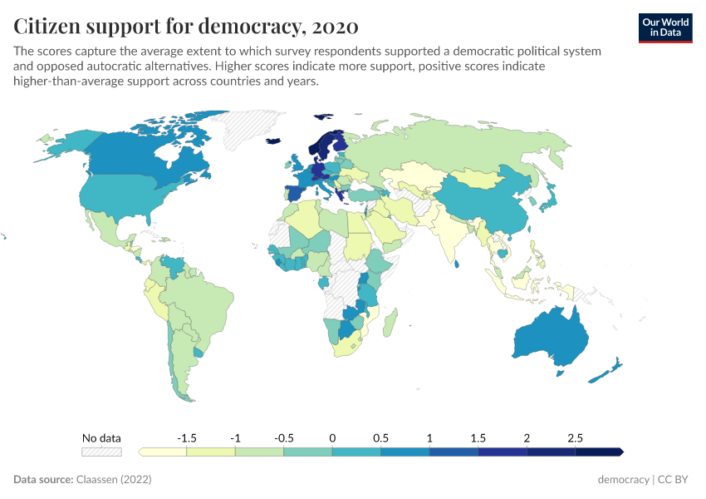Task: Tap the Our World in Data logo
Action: (x=665, y=27)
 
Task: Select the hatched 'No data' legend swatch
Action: (x=101, y=452)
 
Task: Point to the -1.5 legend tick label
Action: (x=187, y=437)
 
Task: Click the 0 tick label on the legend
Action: (x=332, y=437)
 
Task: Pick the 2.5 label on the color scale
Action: (x=575, y=437)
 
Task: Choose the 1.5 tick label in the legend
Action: (x=478, y=437)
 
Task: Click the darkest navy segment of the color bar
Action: (x=598, y=452)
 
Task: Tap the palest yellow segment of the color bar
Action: (x=164, y=452)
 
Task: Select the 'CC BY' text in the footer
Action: (x=675, y=480)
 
